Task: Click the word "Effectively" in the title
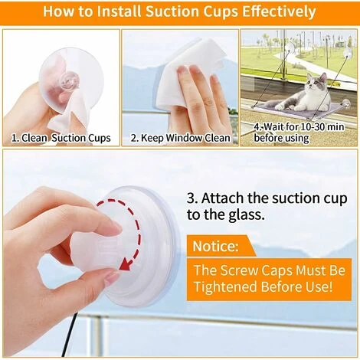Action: [x=279, y=11]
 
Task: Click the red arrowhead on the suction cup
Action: [x=126, y=264]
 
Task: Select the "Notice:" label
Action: [x=215, y=246]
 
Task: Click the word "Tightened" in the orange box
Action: [x=225, y=286]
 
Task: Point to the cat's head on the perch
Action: [x=316, y=83]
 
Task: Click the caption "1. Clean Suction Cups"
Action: [x=61, y=138]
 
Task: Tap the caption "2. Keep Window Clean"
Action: [x=180, y=138]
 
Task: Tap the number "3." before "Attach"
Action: [x=193, y=198]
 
